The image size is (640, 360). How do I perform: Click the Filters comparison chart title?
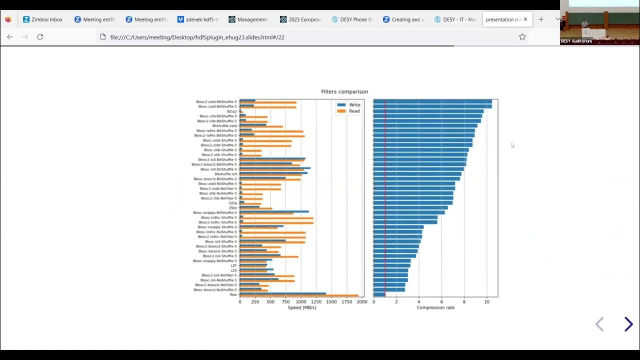point(344,91)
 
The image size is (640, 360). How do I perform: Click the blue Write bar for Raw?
point(282,293)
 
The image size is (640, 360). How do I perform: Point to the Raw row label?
point(233,294)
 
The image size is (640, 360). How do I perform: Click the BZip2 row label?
point(232,111)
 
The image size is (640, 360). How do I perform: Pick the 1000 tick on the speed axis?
point(301,302)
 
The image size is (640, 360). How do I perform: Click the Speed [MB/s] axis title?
point(302,307)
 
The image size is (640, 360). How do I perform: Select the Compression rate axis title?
point(435,307)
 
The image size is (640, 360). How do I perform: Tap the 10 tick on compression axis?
point(486,302)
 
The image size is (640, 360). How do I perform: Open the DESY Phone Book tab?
point(352,19)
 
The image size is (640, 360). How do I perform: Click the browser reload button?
point(40,37)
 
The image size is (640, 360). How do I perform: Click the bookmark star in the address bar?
point(522,37)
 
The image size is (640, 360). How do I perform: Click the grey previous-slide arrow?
point(599,324)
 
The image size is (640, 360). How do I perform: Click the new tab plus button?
point(540,19)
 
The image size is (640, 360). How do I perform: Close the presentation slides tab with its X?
point(525,19)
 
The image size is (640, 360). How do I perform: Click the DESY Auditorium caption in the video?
point(576,41)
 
